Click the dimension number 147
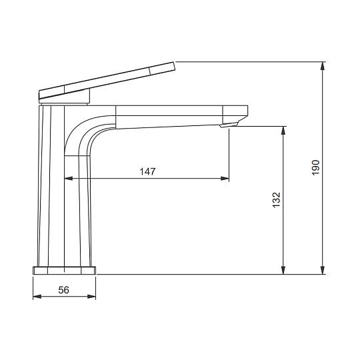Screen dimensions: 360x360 (147, 171)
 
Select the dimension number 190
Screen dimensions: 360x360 (316, 167)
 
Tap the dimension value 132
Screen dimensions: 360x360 (277, 200)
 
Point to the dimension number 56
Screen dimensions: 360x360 (63, 290)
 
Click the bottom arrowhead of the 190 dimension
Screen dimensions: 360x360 (323, 270)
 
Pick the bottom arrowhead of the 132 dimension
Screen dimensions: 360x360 (283, 270)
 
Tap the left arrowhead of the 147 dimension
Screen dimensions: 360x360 (69, 178)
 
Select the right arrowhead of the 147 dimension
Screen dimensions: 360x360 (225, 178)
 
